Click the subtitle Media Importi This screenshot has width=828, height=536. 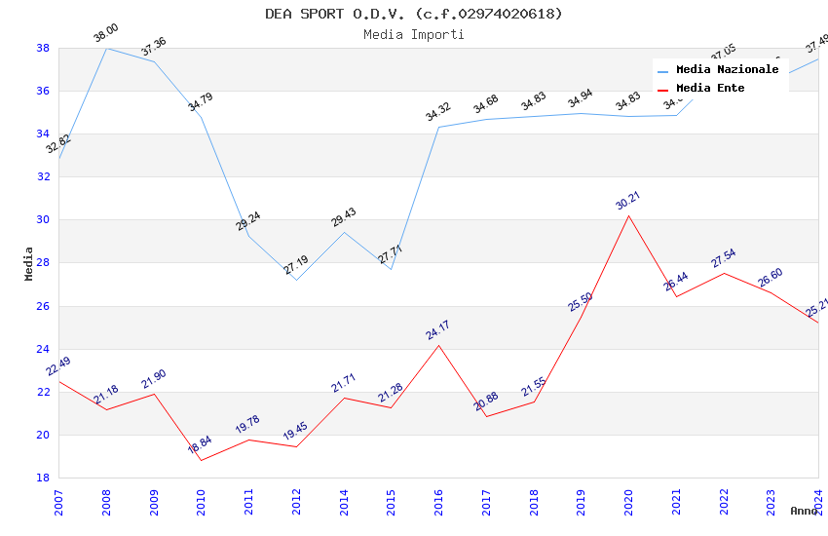coord(414,35)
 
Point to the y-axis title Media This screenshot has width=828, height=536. coord(29,263)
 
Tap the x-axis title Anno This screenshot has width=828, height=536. coord(804,511)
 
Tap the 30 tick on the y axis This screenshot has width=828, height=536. coord(43,220)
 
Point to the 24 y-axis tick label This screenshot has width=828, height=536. coord(43,349)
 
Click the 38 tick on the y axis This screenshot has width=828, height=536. coord(43,48)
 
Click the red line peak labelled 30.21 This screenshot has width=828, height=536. coord(628,215)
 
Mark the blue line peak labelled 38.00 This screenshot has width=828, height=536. coord(106,48)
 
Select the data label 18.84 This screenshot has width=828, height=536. coord(199,444)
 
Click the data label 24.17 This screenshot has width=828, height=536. coord(437,329)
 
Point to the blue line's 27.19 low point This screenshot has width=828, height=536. coord(296,280)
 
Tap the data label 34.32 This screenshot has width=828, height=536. coord(437,111)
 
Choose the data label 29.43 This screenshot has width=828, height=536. coord(343,216)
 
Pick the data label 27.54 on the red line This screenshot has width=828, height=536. coord(723,257)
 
